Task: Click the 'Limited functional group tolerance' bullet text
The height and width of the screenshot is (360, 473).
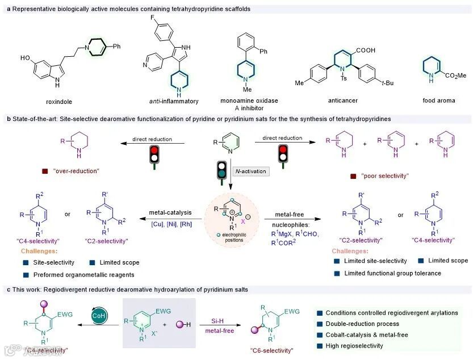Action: coord(388,274)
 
